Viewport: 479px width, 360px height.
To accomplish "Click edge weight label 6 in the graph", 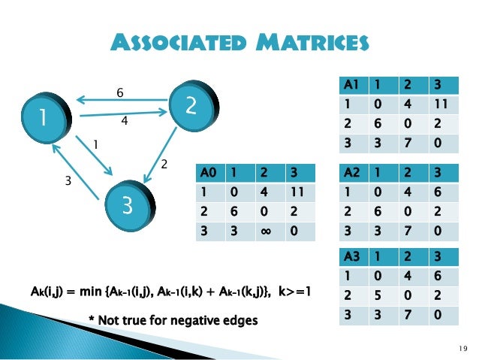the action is [x=119, y=92].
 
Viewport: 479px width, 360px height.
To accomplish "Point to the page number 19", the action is [x=460, y=346].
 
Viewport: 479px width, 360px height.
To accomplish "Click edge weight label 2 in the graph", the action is [x=166, y=163].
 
